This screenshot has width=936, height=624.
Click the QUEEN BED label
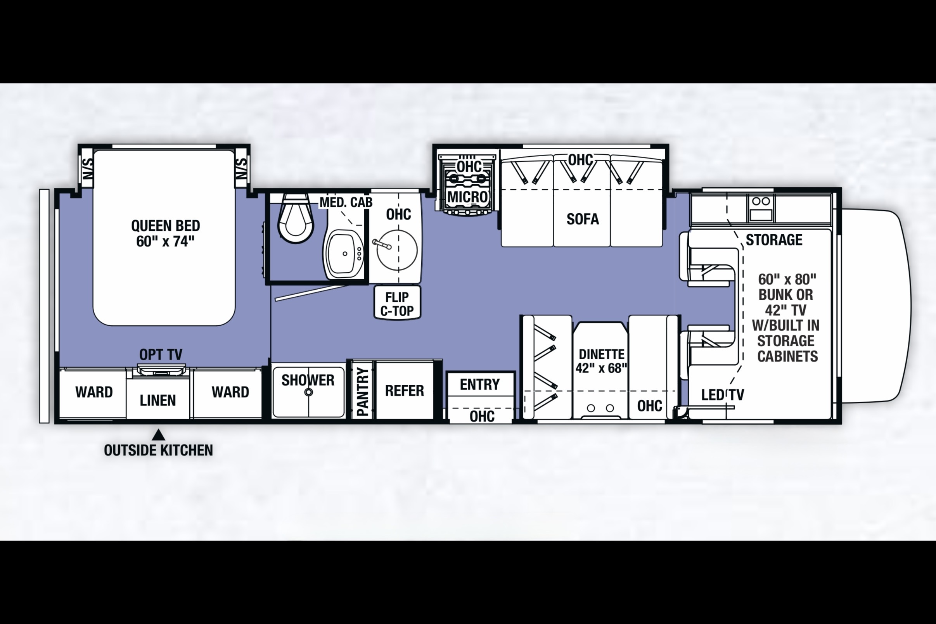pyautogui.click(x=166, y=226)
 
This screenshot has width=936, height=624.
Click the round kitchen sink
pyautogui.click(x=397, y=250)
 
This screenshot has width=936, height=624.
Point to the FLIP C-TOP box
pyautogui.click(x=397, y=302)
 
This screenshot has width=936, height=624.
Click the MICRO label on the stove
pyautogui.click(x=467, y=197)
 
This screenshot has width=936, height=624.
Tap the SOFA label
pyautogui.click(x=583, y=219)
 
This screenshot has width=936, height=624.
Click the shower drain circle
pyautogui.click(x=308, y=392)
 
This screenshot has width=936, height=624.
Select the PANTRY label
pyautogui.click(x=363, y=392)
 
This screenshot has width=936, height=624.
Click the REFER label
pyautogui.click(x=404, y=391)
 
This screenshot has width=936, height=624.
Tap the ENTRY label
pyautogui.click(x=480, y=384)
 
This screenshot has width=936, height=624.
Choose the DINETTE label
pyautogui.click(x=601, y=354)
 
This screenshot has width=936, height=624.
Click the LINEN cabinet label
pyautogui.click(x=157, y=400)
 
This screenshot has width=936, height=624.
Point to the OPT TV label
pyautogui.click(x=161, y=354)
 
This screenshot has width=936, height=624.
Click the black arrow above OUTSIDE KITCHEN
pyautogui.click(x=159, y=434)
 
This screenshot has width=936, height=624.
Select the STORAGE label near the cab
pyautogui.click(x=774, y=240)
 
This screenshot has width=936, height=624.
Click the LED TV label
pyautogui.click(x=723, y=394)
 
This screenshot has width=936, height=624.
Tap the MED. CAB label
pyautogui.click(x=346, y=202)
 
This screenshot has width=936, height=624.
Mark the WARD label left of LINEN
pyautogui.click(x=94, y=392)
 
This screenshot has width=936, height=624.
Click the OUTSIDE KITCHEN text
pyautogui.click(x=158, y=450)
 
